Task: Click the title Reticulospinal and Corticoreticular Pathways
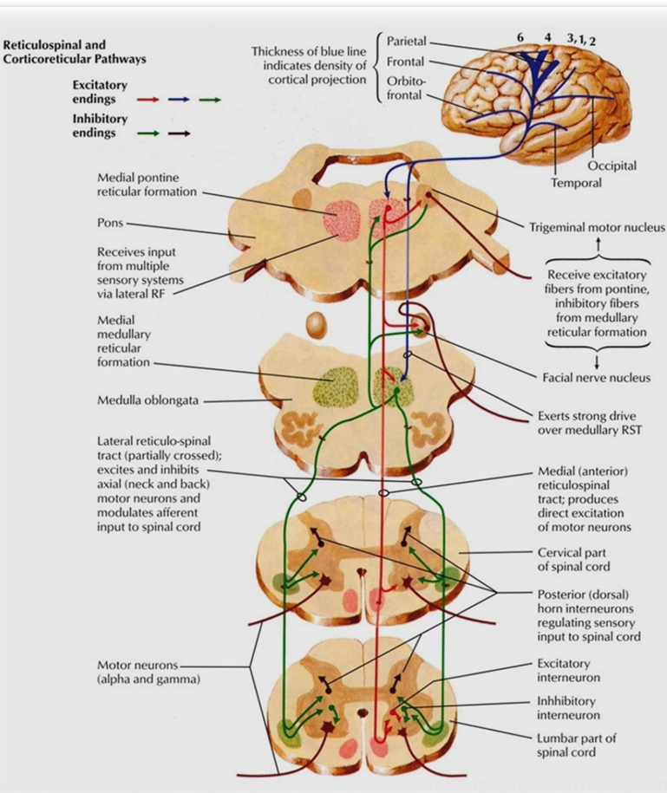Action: click(75, 52)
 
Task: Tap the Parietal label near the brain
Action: click(406, 42)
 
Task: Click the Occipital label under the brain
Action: click(611, 166)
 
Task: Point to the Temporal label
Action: click(575, 183)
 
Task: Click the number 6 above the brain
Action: click(520, 38)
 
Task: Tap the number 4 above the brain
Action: click(547, 38)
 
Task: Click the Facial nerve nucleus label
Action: click(596, 378)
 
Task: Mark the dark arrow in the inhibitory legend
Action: click(180, 134)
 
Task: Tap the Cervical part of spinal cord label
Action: click(573, 559)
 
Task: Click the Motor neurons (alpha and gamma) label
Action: click(148, 672)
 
